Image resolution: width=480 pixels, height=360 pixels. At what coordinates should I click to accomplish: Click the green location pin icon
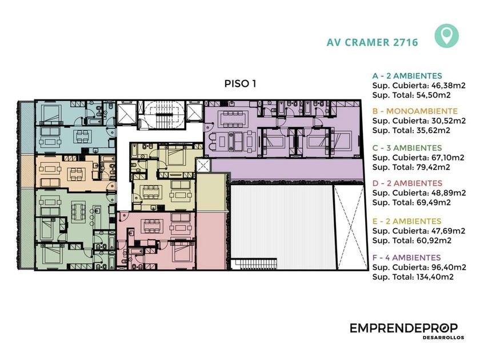click(x=446, y=36)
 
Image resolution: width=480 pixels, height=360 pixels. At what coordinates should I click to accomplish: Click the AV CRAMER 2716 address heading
click(x=372, y=42)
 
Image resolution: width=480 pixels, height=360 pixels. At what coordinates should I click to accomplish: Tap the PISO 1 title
click(x=241, y=83)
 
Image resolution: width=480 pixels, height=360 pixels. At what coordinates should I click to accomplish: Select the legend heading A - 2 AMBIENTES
click(x=407, y=76)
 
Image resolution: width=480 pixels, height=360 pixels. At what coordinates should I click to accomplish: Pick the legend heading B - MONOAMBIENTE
click(x=415, y=111)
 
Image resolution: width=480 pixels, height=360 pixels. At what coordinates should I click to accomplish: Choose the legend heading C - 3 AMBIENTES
click(x=407, y=148)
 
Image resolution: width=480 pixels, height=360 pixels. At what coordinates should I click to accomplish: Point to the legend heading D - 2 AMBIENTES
click(x=407, y=183)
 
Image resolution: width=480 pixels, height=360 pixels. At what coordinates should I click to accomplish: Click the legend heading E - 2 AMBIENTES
click(x=407, y=221)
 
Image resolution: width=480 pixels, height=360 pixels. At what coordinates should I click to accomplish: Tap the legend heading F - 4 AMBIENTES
click(x=406, y=258)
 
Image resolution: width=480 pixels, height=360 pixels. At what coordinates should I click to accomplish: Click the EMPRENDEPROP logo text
click(x=403, y=328)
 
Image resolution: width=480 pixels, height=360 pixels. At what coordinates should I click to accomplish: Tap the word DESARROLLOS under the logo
click(x=443, y=338)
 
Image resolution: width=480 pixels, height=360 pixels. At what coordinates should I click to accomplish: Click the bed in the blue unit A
click(x=51, y=114)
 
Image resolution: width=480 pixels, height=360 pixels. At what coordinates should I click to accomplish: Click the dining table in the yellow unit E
click(x=151, y=192)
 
